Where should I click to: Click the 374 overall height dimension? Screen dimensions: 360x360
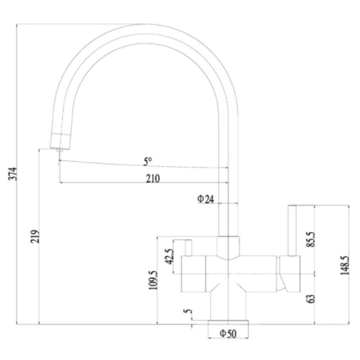[13, 174]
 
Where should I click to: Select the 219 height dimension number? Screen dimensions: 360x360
[35, 236]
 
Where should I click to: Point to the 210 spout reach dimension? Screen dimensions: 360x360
[153, 178]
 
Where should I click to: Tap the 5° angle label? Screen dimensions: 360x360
[148, 162]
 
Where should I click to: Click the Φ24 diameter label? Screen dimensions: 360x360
[206, 199]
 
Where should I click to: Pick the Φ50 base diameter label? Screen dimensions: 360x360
[228, 333]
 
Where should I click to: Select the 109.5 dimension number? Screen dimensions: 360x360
[153, 280]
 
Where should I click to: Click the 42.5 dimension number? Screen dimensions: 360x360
[170, 256]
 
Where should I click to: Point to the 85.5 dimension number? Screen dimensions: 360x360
[311, 239]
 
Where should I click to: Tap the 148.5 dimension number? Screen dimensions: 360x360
[345, 265]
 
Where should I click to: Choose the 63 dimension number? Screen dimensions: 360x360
[311, 299]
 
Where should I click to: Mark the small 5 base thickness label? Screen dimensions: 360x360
[188, 311]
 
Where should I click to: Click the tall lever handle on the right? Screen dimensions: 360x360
[292, 230]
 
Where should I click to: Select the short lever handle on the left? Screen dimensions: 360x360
[188, 248]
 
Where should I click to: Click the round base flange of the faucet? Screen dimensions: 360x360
[228, 322]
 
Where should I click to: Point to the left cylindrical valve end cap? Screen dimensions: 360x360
[193, 274]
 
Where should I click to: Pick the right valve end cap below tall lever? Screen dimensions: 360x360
[290, 274]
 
